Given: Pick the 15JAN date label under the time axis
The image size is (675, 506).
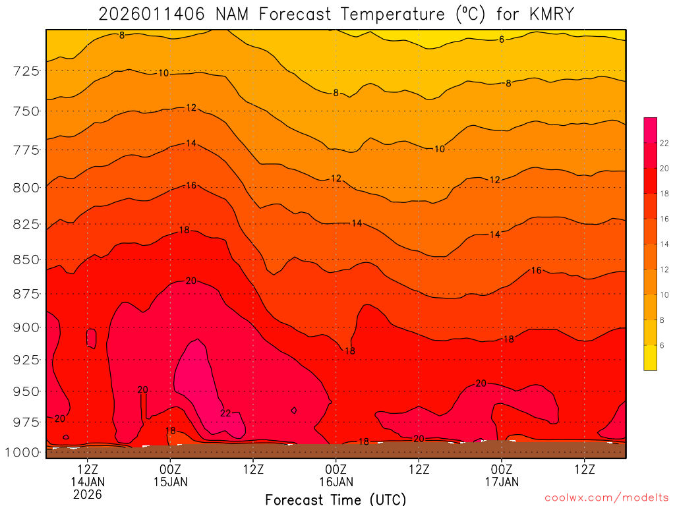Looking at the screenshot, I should [x=171, y=482].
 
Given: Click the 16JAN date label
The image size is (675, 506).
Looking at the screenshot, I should [x=336, y=482].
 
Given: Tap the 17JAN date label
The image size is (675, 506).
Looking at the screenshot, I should [x=502, y=482].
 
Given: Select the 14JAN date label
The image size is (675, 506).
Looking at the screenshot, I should [x=88, y=482].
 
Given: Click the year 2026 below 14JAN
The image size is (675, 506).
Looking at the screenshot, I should [x=88, y=494].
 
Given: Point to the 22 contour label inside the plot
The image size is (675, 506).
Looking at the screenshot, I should [x=225, y=413].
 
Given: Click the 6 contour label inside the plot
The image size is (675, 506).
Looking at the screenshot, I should [x=502, y=40].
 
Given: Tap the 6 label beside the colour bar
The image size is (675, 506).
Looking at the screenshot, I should [x=662, y=345].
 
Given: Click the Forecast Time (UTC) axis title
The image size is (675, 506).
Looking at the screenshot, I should [x=336, y=499].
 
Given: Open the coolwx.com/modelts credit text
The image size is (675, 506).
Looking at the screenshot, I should [x=606, y=498].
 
